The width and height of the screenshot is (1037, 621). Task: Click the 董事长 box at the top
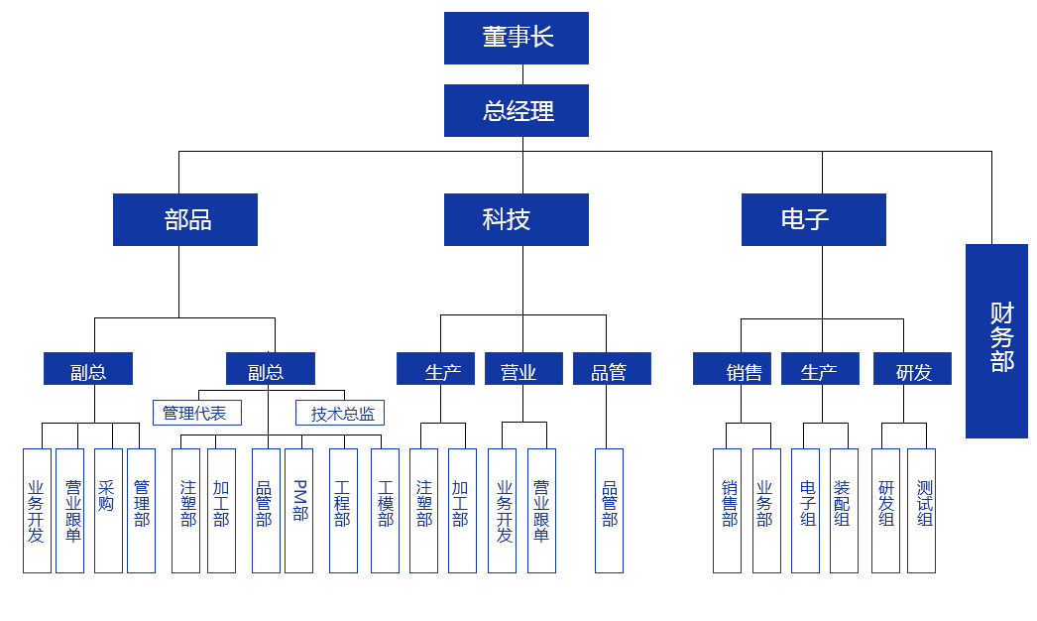(516, 38)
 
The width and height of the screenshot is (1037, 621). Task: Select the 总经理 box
(516, 110)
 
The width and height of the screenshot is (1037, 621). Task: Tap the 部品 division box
(185, 219)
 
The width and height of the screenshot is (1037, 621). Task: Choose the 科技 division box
(516, 219)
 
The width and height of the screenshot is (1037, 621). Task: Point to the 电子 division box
(813, 219)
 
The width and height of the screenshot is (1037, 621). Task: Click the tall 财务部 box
(996, 340)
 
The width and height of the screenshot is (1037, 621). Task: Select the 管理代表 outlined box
(196, 413)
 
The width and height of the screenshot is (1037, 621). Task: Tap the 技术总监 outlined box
(340, 413)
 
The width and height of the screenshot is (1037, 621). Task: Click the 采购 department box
(108, 510)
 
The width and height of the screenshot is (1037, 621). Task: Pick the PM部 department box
(298, 510)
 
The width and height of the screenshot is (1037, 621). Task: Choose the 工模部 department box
(385, 510)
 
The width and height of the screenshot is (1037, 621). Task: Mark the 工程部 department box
(343, 510)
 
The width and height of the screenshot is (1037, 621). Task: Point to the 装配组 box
(844, 510)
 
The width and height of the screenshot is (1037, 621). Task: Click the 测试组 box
(921, 510)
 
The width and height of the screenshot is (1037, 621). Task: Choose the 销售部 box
(727, 510)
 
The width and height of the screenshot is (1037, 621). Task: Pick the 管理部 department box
(141, 510)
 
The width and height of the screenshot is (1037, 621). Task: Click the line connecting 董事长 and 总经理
(522, 74)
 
